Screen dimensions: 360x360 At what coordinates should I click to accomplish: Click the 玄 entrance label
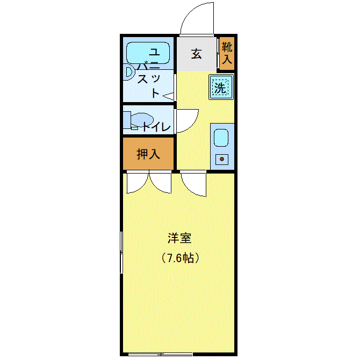coord(196,54)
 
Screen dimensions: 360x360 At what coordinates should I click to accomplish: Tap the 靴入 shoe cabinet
coord(227,53)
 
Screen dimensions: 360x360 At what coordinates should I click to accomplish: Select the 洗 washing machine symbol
coord(221,87)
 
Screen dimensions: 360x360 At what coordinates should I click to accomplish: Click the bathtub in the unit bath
coord(148,53)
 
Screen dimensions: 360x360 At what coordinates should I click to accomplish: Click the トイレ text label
coord(156,127)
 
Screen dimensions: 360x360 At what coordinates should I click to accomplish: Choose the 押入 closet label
coord(148,154)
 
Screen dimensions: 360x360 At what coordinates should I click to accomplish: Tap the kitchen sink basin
coord(221,138)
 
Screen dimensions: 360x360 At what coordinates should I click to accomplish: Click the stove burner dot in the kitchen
coord(222,159)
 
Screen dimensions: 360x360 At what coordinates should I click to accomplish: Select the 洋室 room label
coord(179,238)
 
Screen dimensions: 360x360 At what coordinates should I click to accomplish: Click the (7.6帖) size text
coord(180,258)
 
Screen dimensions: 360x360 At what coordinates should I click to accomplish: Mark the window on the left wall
coord(121,252)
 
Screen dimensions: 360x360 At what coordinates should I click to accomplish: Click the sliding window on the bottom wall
coord(160,354)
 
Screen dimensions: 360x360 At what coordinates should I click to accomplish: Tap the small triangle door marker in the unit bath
coord(168,97)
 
